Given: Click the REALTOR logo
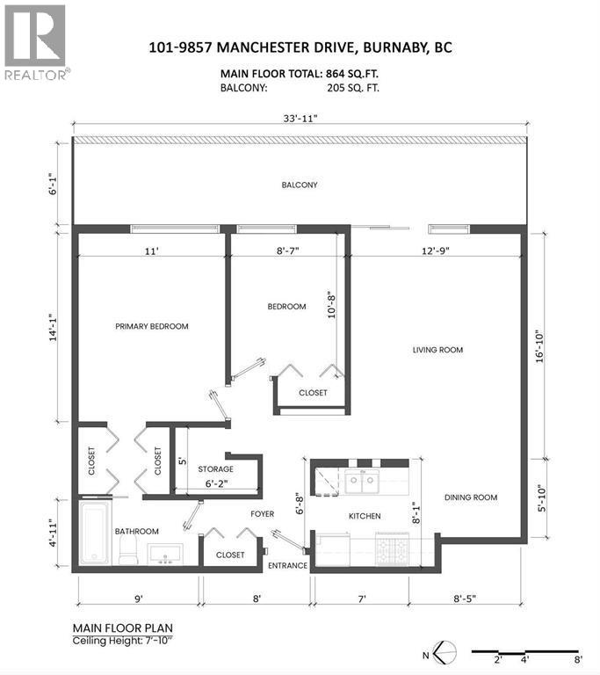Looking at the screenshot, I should (36, 42).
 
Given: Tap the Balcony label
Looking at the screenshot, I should (299, 185).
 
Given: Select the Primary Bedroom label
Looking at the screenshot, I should (152, 326).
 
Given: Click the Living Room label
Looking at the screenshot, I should (437, 350).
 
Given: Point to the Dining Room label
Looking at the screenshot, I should (470, 497).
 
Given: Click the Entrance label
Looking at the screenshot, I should (287, 565).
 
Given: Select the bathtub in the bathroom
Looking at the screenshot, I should (91, 534).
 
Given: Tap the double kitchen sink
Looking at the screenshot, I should (362, 480).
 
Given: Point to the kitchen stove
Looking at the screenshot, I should (392, 548).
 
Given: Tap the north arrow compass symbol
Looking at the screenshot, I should (445, 653).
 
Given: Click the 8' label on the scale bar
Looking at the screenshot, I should (578, 660).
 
